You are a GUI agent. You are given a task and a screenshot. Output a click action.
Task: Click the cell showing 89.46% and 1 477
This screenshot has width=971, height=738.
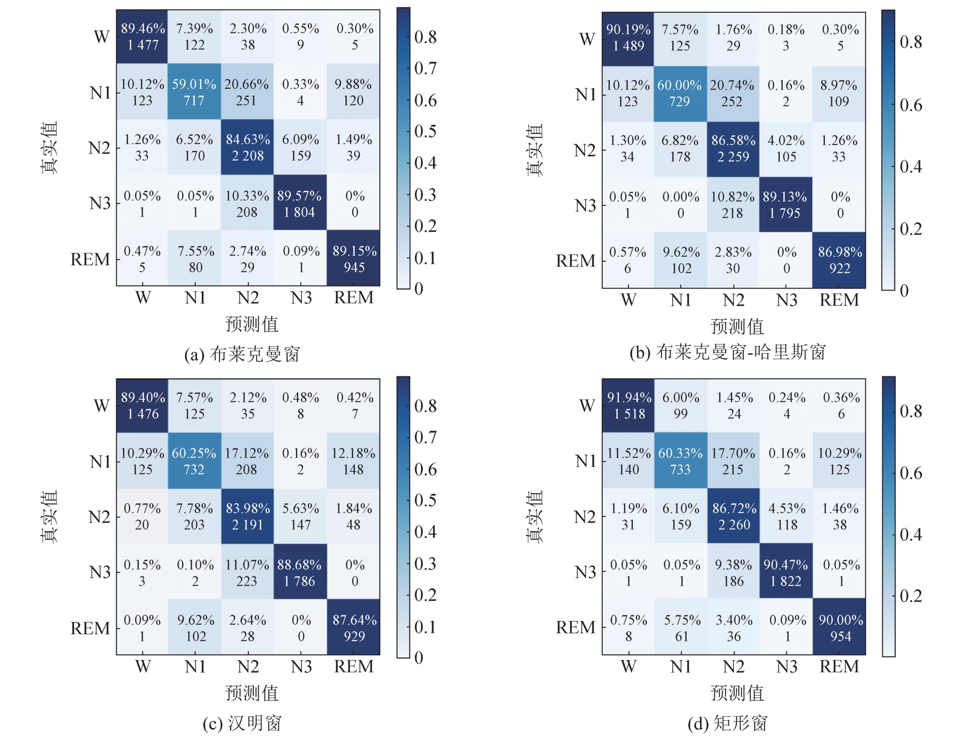click(143, 37)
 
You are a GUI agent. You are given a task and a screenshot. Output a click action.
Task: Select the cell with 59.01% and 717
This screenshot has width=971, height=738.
click(194, 92)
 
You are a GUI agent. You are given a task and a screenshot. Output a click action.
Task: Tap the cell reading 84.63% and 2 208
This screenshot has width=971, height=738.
click(247, 148)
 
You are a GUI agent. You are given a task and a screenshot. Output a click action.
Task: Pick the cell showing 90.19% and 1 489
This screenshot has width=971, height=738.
click(628, 38)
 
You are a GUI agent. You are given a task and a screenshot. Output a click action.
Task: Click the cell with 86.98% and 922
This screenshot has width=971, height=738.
click(840, 260)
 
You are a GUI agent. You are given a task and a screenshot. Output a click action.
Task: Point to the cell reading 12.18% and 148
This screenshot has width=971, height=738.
click(353, 461)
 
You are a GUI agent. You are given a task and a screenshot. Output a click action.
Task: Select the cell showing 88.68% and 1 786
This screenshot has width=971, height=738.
click(300, 572)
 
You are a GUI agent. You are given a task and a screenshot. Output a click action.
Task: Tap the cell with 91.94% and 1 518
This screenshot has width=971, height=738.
click(629, 406)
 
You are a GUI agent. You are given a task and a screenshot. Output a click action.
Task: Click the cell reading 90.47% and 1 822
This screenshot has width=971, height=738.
click(786, 572)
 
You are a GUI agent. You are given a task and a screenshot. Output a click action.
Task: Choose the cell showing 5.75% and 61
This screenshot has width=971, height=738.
click(681, 628)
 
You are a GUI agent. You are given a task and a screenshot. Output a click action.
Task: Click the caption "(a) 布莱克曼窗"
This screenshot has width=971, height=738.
click(242, 354)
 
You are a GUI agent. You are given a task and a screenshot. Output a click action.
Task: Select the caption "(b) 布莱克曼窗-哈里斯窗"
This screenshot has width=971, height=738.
click(728, 352)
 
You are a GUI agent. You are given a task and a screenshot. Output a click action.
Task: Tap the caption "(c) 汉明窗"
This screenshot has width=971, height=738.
click(242, 723)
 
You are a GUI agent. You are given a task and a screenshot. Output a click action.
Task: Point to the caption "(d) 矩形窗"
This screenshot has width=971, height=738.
click(728, 723)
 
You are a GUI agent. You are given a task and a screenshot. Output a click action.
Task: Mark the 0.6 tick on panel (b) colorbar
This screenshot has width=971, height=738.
click(911, 105)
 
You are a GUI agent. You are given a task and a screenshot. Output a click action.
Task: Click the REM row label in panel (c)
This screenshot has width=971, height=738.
click(90, 628)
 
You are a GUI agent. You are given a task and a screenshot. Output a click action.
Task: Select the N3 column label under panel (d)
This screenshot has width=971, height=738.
click(787, 666)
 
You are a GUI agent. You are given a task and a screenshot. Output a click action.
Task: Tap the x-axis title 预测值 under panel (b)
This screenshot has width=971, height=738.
click(737, 326)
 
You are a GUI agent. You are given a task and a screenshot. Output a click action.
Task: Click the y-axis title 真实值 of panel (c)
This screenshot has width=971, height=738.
click(49, 517)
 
